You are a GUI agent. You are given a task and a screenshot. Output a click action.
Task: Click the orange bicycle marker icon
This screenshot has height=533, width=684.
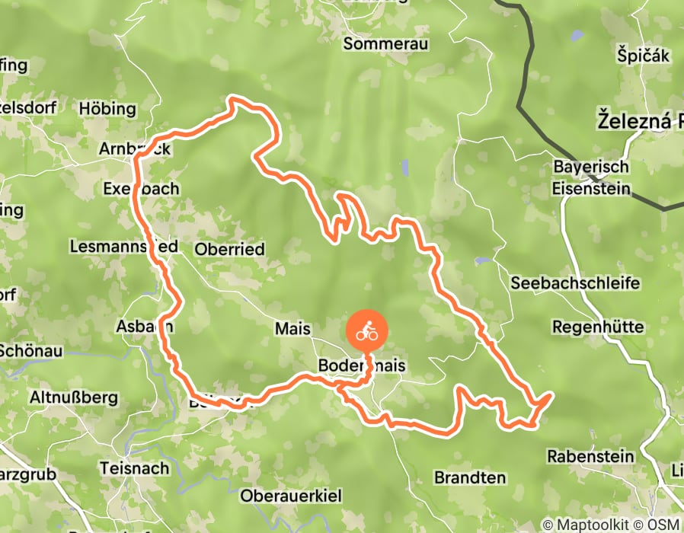[x=367, y=332]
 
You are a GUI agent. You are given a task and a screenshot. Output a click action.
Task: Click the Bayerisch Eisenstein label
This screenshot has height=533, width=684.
[x=591, y=177]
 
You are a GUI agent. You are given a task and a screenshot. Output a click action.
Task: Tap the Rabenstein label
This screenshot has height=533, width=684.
[x=590, y=456]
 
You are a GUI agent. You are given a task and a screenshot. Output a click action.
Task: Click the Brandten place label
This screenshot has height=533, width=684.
[x=469, y=477]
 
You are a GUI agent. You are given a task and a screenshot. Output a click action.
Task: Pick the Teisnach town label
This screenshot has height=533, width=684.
[x=135, y=468]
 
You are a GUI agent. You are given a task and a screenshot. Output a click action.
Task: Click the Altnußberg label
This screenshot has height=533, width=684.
[x=73, y=397]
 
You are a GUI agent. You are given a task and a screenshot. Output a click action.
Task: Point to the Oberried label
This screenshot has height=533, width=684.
[x=229, y=249]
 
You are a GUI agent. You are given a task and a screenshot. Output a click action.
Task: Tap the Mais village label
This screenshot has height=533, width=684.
[x=293, y=328]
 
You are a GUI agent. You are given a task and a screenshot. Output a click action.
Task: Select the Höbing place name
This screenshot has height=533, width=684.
[x=107, y=109]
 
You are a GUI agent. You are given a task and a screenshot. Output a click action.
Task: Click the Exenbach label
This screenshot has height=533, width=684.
[x=141, y=188]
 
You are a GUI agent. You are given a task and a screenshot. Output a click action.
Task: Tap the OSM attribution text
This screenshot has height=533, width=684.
[x=663, y=525]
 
